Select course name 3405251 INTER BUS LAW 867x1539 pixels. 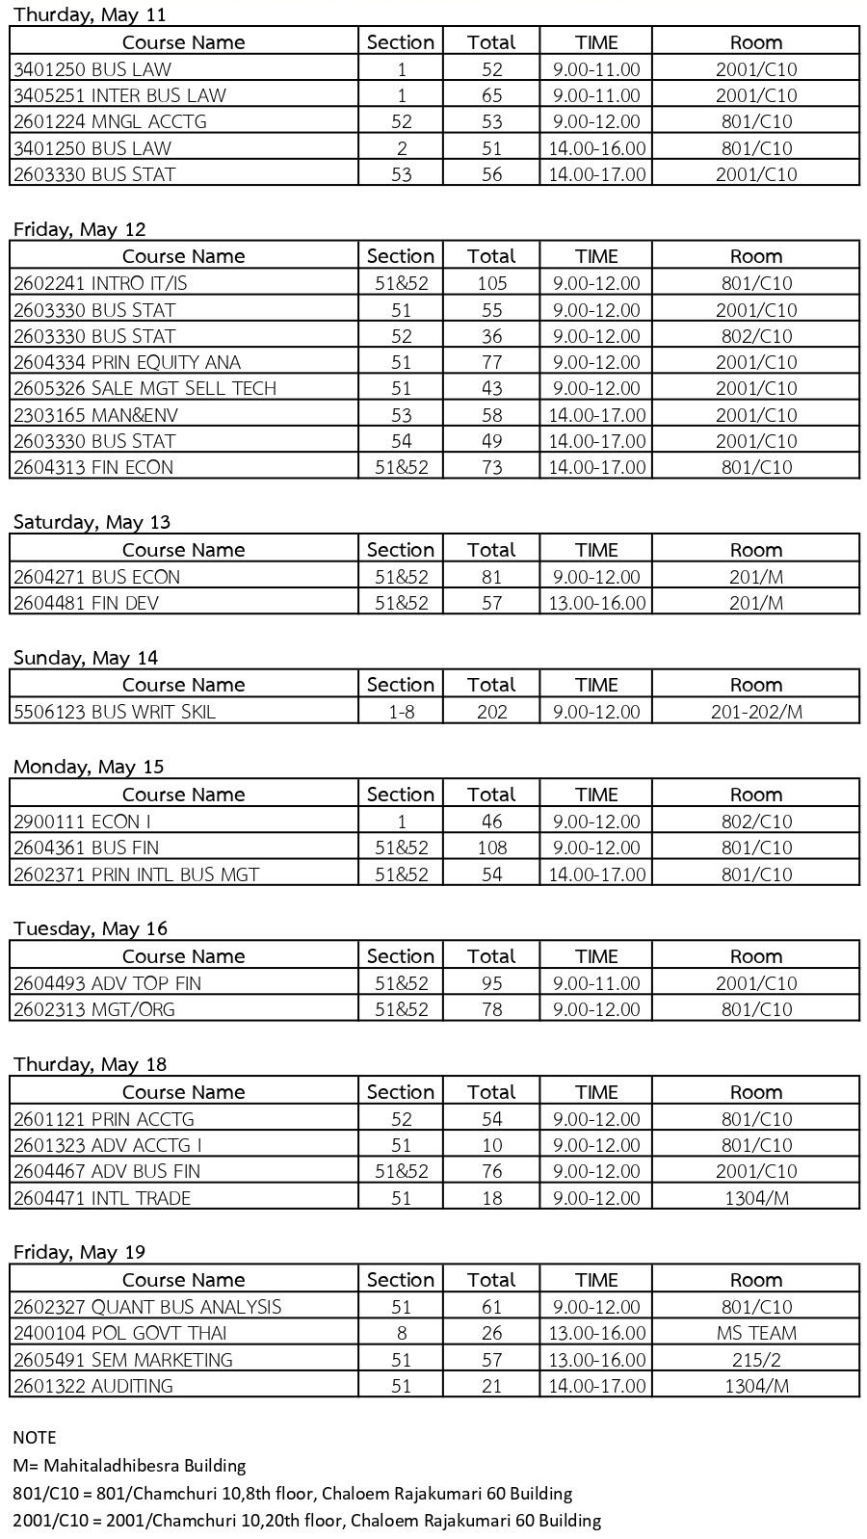click(119, 95)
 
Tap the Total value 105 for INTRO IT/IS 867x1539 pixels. click(491, 283)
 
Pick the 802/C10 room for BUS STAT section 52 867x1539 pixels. click(755, 336)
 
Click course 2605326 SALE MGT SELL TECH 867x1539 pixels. click(144, 388)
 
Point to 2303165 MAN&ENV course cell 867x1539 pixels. click(95, 415)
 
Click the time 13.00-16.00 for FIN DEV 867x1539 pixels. click(595, 603)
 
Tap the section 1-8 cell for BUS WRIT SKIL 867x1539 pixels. click(401, 712)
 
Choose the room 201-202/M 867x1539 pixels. click(755, 712)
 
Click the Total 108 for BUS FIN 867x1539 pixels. click(491, 848)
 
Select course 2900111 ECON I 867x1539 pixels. click(82, 822)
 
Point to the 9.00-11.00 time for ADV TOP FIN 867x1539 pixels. click(595, 983)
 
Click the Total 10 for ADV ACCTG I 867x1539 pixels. click(491, 1145)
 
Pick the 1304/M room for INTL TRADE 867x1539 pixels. click(755, 1198)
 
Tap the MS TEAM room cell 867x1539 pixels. click(755, 1333)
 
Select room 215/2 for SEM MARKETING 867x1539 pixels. click(755, 1360)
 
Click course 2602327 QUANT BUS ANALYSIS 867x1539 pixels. click(147, 1307)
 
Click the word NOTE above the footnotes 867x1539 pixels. click(35, 1438)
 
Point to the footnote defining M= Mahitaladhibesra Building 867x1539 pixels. click(129, 1466)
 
